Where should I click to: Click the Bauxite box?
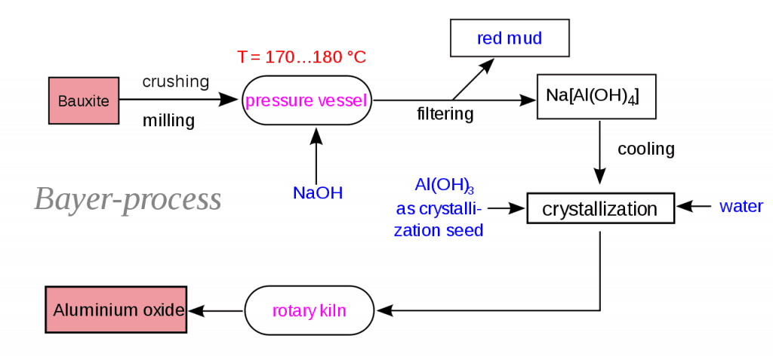point(84,100)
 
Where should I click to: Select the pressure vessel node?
point(306,100)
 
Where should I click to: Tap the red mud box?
point(509,38)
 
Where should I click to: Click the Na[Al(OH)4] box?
point(592,97)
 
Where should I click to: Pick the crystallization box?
point(599,208)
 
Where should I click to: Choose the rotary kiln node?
point(310,310)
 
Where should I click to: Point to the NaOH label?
point(318,193)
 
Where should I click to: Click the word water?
point(741,206)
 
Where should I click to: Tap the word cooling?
point(645,149)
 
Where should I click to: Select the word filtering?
point(445,115)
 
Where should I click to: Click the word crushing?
point(176,82)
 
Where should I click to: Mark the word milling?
point(169,120)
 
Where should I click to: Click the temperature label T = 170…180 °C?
point(301,57)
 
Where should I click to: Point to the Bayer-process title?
point(128,199)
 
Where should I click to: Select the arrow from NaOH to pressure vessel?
point(316,155)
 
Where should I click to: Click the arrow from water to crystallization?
point(694,205)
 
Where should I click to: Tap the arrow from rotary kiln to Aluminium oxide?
point(215,310)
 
